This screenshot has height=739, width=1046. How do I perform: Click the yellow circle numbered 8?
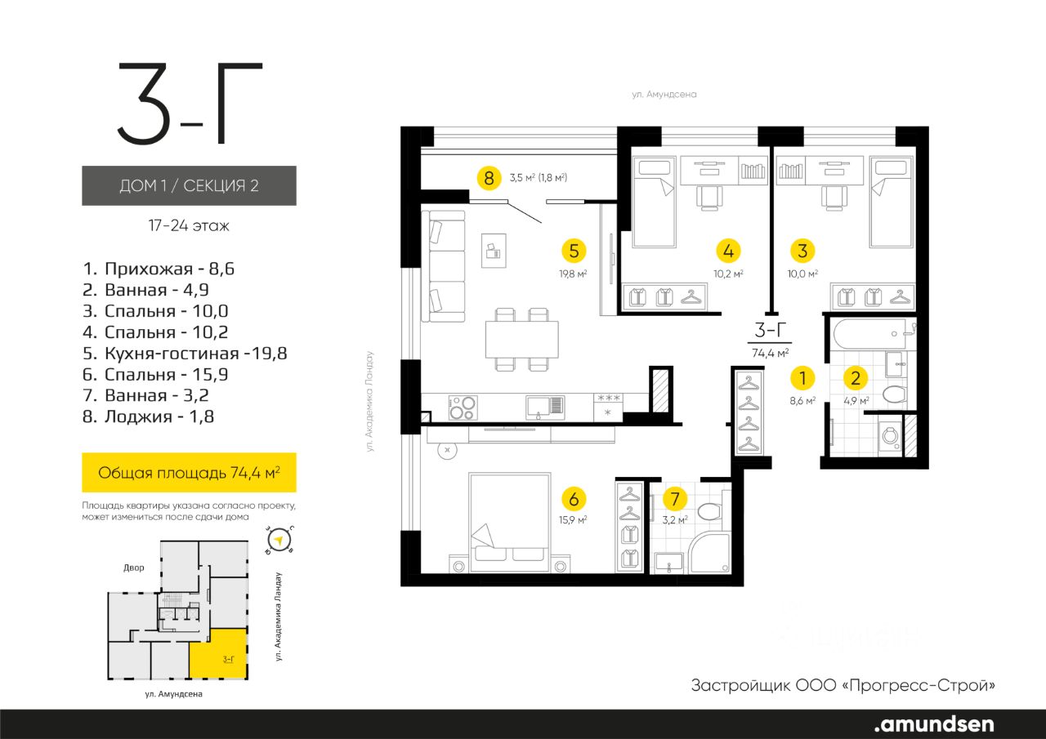pyautogui.click(x=489, y=178)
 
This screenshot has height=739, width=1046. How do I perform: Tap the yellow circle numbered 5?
pyautogui.click(x=574, y=251)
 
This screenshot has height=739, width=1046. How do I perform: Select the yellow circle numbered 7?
pyautogui.click(x=675, y=499)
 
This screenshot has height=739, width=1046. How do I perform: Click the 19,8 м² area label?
pyautogui.click(x=573, y=274)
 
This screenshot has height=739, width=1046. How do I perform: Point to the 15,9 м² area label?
pyautogui.click(x=573, y=519)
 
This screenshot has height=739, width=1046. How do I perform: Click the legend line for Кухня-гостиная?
pyautogui.click(x=185, y=354)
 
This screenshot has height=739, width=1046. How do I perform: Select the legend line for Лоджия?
pyautogui.click(x=149, y=416)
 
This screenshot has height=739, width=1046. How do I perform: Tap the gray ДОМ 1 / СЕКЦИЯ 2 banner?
pyautogui.click(x=189, y=185)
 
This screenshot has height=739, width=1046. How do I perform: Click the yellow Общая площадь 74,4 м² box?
pyautogui.click(x=189, y=473)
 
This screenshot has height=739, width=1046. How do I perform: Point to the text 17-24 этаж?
pyautogui.click(x=189, y=226)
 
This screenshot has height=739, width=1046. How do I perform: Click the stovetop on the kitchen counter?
pyautogui.click(x=463, y=407)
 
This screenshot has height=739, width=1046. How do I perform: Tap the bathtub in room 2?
pyautogui.click(x=869, y=334)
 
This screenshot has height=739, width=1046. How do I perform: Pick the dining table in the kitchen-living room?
pyautogui.click(x=522, y=339)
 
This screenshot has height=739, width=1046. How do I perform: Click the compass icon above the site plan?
pyautogui.click(x=279, y=541)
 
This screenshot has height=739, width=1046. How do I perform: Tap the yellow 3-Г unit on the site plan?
pyautogui.click(x=218, y=653)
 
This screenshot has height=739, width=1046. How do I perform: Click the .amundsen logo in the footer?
pyautogui.click(x=934, y=724)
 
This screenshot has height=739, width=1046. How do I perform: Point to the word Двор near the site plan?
pyautogui.click(x=133, y=568)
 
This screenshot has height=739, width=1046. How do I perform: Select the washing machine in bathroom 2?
pyautogui.click(x=890, y=436)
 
